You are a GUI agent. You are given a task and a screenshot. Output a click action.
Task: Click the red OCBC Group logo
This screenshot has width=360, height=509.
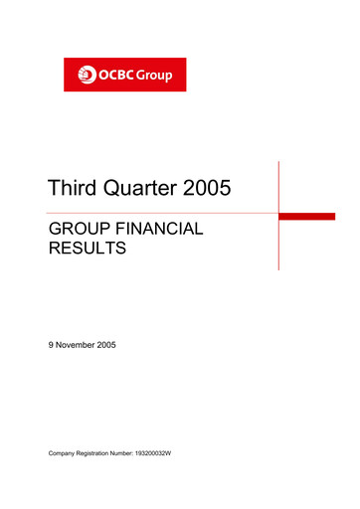pos(125,75)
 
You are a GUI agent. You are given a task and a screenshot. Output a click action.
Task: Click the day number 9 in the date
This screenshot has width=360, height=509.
pos(52,345)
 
